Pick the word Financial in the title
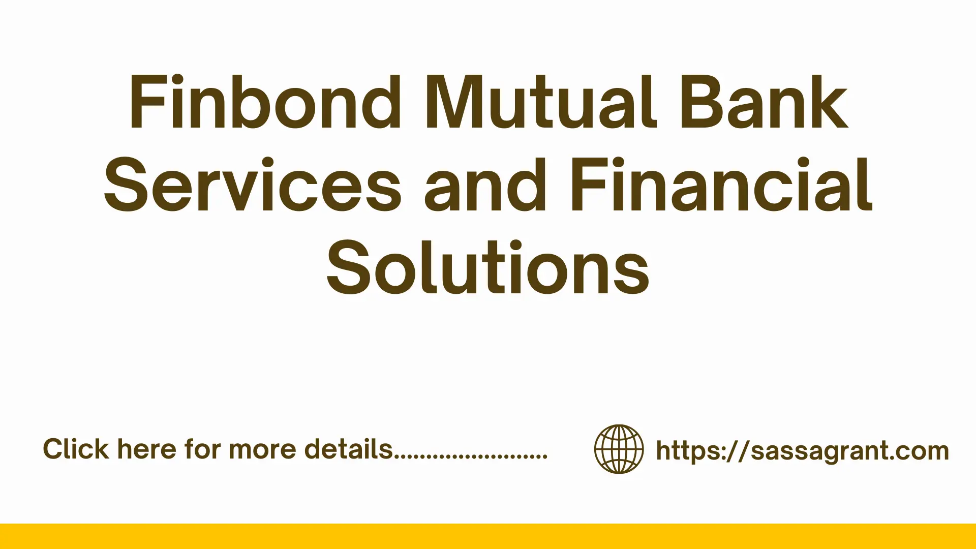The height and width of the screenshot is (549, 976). [x=721, y=185]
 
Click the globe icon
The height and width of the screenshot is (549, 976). [x=619, y=449]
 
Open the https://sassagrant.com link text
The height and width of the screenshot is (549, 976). [x=802, y=450]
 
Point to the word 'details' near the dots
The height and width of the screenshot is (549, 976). [x=349, y=449]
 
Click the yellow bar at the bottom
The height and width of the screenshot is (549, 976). [x=488, y=536]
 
